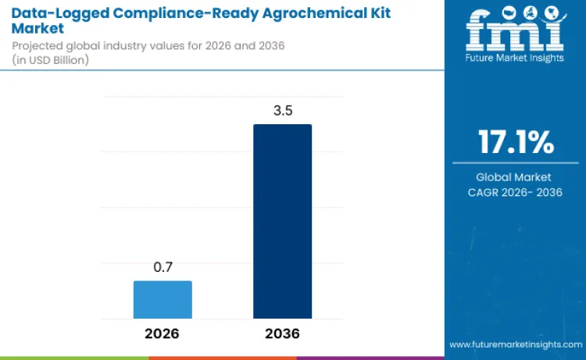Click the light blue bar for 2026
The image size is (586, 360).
[x=163, y=299]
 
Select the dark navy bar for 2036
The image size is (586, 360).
[x=282, y=221]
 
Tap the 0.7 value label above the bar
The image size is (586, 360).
[x=163, y=268]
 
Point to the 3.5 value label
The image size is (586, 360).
[x=282, y=111]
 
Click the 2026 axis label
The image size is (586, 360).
[x=163, y=333]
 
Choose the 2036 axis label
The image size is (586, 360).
[x=282, y=333]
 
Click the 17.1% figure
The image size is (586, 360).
[x=515, y=143]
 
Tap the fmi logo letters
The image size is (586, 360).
[x=514, y=29]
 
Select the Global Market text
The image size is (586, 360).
[x=514, y=177]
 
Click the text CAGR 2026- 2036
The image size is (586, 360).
[x=514, y=193]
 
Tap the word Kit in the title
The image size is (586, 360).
[x=378, y=12]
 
